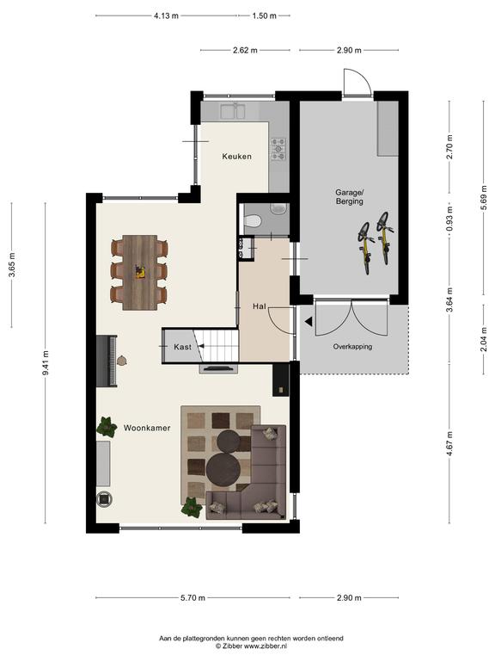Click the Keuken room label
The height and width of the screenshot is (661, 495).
[236, 157]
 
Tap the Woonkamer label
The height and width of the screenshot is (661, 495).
[147, 428]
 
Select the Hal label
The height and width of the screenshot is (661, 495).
[260, 306]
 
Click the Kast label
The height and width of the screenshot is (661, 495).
[182, 347]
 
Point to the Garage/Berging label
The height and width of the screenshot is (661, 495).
[350, 197]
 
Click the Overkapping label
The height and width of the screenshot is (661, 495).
[352, 347]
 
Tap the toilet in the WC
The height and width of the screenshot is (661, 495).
[253, 220]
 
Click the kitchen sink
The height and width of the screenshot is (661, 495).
[233, 111]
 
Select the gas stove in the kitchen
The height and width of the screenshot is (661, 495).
[278, 149]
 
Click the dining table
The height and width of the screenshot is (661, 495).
[140, 272]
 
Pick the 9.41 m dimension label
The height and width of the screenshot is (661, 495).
[46, 363]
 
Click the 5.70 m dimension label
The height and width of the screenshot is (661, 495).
[192, 598]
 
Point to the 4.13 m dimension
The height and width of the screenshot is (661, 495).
[166, 16]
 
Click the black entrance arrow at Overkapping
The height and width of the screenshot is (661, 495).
[309, 322]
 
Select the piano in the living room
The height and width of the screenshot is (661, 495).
[107, 361]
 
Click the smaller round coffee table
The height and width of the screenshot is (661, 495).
[228, 441]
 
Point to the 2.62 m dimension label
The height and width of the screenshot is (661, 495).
[245, 50]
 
